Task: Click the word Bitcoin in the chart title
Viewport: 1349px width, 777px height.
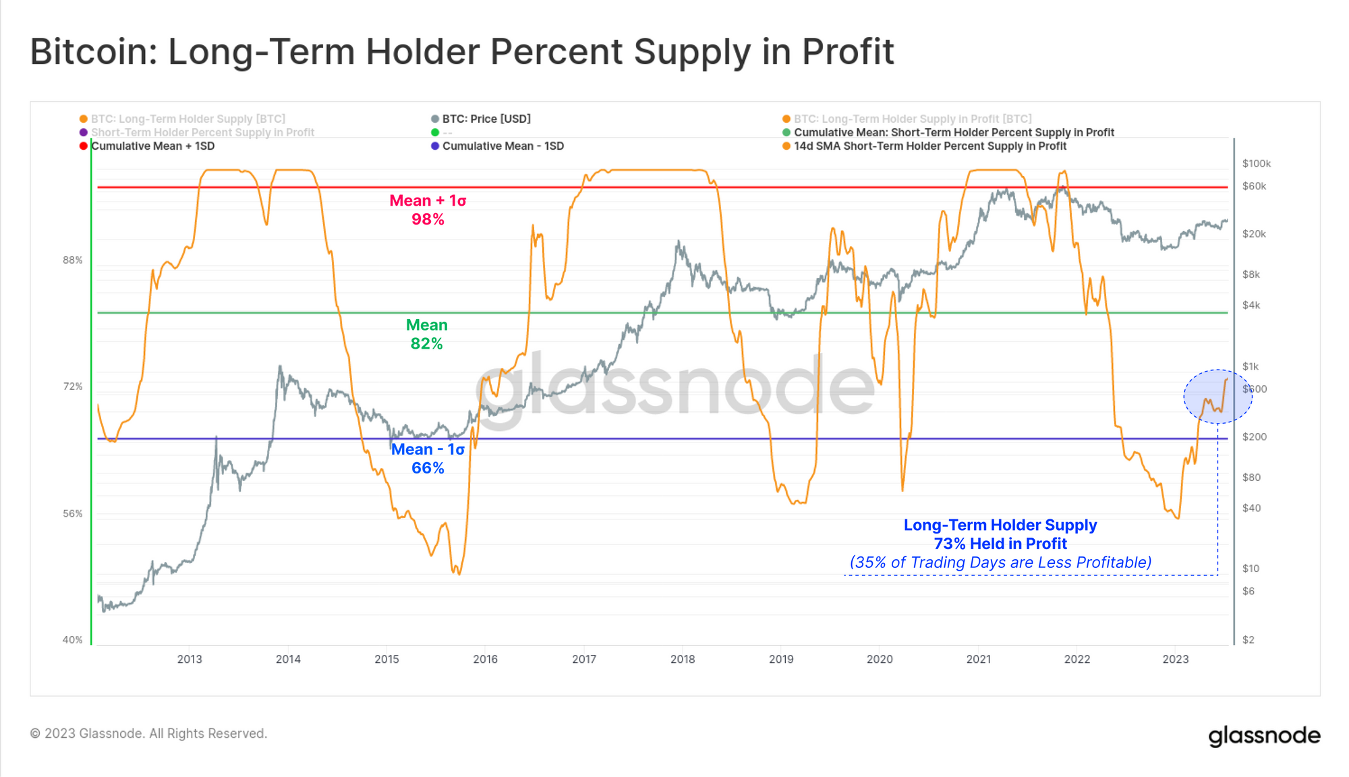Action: tap(92, 52)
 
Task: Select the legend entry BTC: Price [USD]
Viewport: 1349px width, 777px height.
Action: tap(486, 119)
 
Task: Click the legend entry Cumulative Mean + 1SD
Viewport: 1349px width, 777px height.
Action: tap(152, 146)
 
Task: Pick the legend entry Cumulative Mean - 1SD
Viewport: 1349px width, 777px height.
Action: tap(503, 146)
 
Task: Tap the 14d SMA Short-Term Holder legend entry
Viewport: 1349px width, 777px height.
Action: tap(929, 146)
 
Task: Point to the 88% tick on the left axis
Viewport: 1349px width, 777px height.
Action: tap(73, 260)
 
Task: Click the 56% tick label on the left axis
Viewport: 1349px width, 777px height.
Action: tap(73, 514)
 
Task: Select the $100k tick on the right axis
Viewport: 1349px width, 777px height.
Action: tap(1256, 164)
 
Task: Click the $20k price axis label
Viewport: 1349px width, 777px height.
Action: tap(1254, 234)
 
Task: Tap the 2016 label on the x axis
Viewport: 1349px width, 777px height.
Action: tap(485, 660)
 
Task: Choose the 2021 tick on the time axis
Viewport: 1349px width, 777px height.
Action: tap(978, 660)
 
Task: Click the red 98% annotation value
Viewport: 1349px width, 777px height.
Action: tap(428, 220)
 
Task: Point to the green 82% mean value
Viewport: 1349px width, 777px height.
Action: tap(426, 344)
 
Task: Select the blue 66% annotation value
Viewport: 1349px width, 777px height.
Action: tap(428, 468)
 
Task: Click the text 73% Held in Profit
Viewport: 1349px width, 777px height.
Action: tap(1000, 544)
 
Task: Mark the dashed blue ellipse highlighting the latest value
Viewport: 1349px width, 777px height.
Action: tap(1217, 397)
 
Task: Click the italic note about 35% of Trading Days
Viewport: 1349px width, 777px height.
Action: tap(1000, 563)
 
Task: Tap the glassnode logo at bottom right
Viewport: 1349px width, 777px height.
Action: tap(1263, 735)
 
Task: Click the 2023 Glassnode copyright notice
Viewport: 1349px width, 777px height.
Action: tap(148, 734)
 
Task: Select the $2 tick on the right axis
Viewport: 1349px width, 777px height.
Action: tap(1248, 640)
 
